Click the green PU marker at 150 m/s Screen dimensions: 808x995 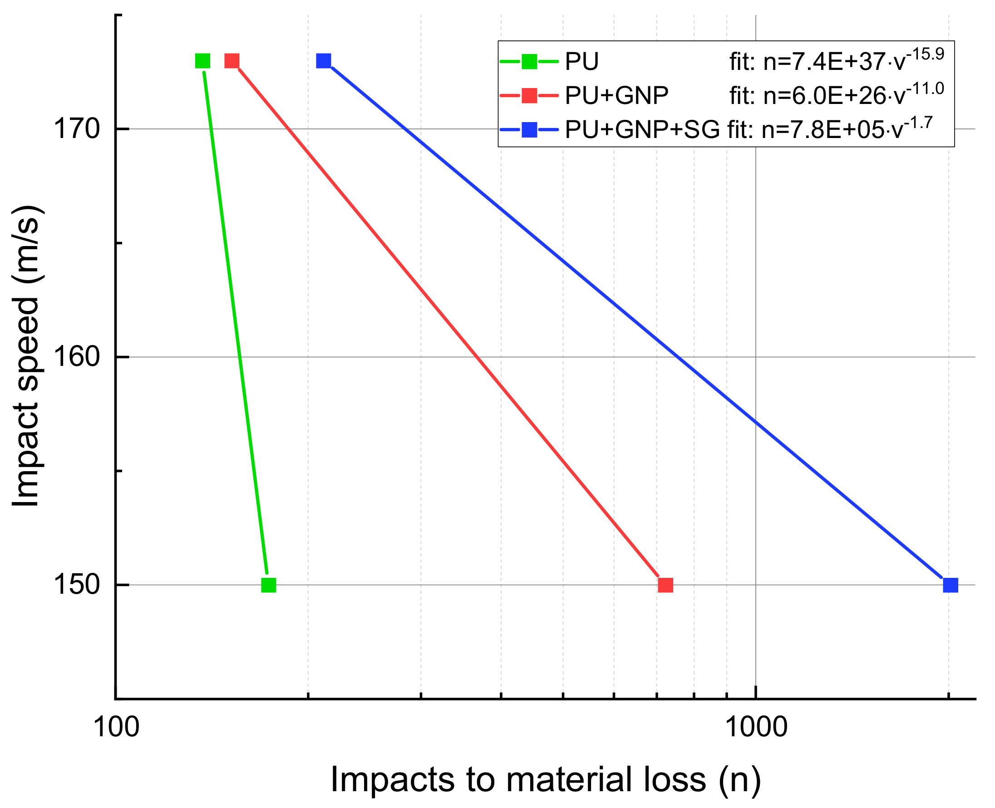(x=269, y=585)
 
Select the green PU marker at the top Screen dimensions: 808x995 (x=202, y=61)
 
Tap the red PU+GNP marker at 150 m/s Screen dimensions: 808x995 (x=665, y=585)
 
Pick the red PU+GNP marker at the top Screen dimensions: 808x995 (x=232, y=61)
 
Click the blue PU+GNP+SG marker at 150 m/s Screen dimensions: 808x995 (x=951, y=585)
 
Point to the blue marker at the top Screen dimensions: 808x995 (x=324, y=61)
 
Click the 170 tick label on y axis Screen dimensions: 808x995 (x=77, y=129)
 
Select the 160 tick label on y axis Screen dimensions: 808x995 (x=77, y=357)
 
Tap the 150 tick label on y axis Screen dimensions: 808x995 (x=77, y=585)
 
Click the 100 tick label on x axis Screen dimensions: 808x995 (x=116, y=727)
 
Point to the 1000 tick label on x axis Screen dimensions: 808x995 (x=756, y=727)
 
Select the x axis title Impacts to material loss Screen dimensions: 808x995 (x=546, y=780)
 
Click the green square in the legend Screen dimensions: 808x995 (x=529, y=61)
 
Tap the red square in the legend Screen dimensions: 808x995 (x=529, y=95)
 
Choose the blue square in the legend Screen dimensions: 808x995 (x=529, y=130)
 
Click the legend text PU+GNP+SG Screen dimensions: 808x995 (x=642, y=130)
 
